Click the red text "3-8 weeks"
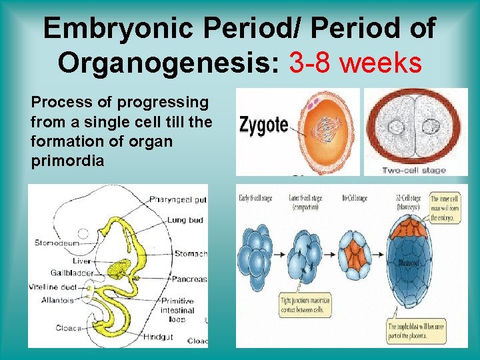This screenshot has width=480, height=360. click(355, 63)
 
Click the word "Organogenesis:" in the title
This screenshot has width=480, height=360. click(169, 63)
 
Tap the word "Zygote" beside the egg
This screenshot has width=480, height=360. click(263, 124)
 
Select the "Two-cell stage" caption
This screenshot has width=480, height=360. click(414, 171)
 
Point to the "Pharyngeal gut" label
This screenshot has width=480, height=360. click(178, 199)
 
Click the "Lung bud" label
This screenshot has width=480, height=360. click(185, 220)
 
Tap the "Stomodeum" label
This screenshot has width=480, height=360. click(57, 243)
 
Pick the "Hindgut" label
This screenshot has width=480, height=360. click(158, 337)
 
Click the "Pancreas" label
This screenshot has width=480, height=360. click(189, 279)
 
